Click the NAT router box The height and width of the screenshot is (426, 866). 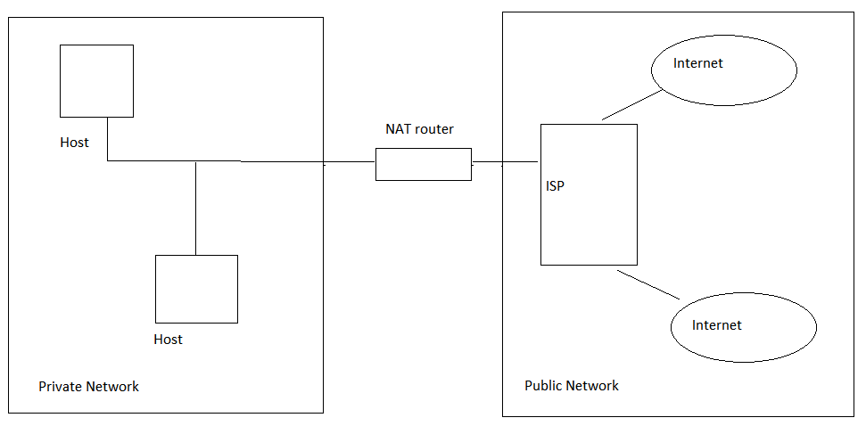coord(423,165)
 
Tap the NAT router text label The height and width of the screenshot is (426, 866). coord(419,129)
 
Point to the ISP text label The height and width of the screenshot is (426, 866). coord(555,187)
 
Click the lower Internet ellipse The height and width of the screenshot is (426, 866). coord(743,327)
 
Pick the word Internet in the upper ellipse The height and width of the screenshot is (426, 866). coord(697,63)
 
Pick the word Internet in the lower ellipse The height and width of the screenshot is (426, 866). coord(716,325)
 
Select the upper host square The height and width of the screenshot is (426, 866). coord(96,81)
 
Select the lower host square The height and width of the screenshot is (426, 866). coord(196,289)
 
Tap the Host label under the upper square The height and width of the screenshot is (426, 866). coord(74,143)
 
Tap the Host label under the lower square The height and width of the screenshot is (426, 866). coord(168,340)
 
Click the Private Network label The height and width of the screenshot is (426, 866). coord(88,387)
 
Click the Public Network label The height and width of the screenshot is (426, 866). coord(571,386)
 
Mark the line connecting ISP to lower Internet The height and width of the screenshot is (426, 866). coord(649,284)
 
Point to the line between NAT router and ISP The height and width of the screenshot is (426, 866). coord(505,163)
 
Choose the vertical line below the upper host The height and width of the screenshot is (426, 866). coord(108,139)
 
